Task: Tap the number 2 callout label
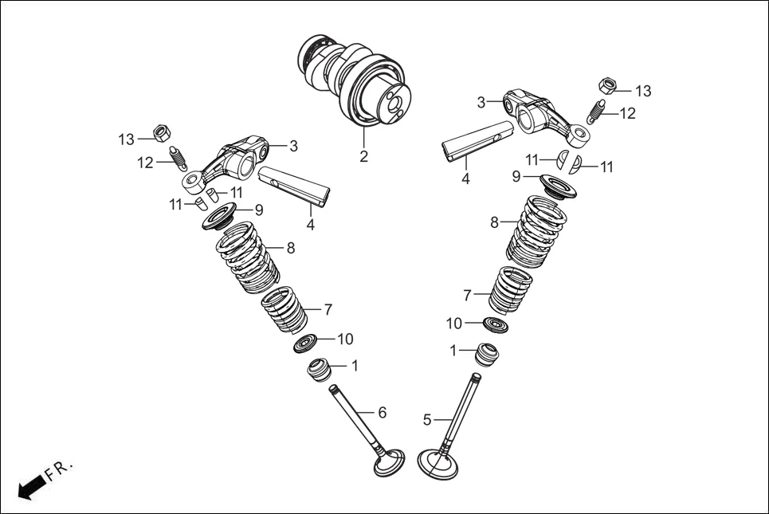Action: tap(363, 157)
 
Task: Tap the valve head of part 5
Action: tap(437, 464)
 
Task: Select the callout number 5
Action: tap(427, 419)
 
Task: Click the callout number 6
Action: tap(383, 412)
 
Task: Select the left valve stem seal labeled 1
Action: tap(320, 370)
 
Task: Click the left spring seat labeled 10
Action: tap(306, 343)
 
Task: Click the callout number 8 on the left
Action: tap(291, 248)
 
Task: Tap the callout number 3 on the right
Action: tap(481, 102)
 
